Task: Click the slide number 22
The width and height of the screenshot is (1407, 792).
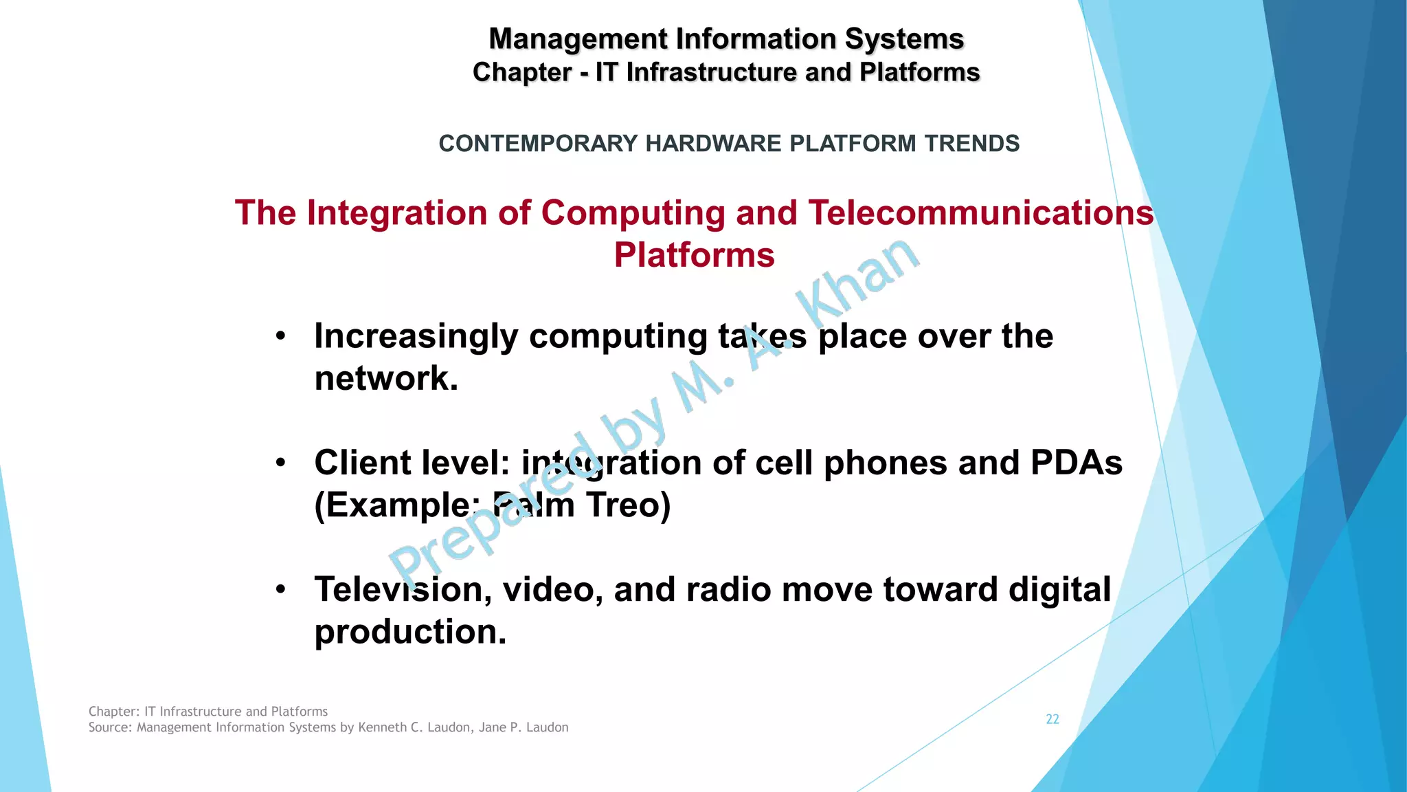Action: pos(1052,719)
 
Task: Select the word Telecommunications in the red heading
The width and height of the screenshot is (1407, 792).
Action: pos(980,212)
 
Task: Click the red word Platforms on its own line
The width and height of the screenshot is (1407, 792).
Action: pos(694,255)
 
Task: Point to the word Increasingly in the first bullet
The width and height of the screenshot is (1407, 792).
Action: pos(416,337)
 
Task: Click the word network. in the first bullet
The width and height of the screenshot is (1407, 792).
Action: pos(386,379)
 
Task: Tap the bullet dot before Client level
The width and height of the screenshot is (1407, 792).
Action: pos(280,463)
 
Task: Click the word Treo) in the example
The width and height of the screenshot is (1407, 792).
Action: pos(628,505)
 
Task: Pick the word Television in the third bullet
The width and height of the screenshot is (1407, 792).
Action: pos(403,590)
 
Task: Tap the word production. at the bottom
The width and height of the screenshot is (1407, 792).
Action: pos(410,632)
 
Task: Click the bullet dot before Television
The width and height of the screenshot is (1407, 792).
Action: pos(280,590)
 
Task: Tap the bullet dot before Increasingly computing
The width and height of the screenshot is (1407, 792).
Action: pos(280,337)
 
